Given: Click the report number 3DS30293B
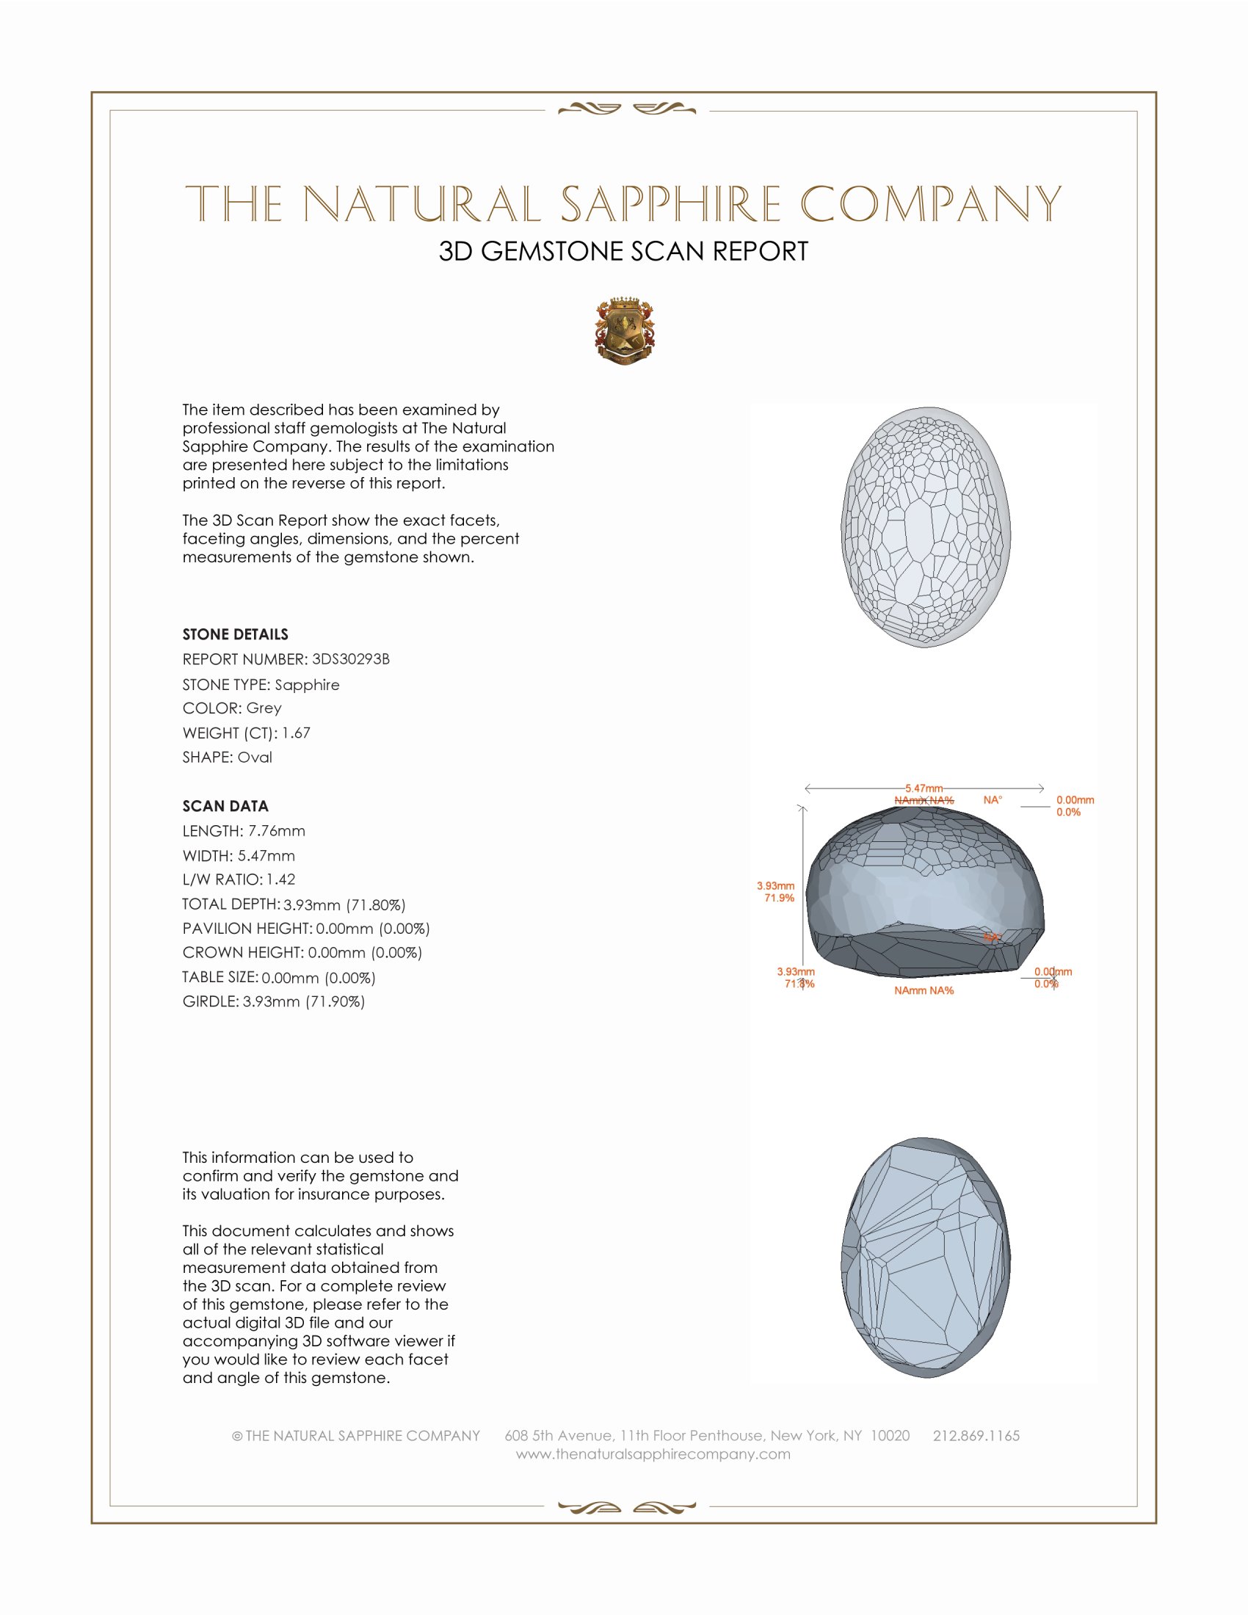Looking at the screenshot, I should [x=350, y=659].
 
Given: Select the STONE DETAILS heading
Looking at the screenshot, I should [x=235, y=634].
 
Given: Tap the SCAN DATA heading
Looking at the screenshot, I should [x=225, y=806].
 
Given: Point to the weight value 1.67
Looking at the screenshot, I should [x=296, y=733].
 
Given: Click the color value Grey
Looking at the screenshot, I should [x=264, y=708].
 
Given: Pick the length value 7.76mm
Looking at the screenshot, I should [x=277, y=830].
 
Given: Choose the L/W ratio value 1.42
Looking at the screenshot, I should [x=281, y=879].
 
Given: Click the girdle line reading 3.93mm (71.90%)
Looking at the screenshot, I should [x=274, y=1001].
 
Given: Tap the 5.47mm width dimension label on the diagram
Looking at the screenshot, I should [x=924, y=788].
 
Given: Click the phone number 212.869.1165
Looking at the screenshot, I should [x=976, y=1435].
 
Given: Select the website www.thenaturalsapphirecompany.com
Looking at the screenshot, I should [x=653, y=1453].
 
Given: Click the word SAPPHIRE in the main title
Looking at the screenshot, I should [x=670, y=204].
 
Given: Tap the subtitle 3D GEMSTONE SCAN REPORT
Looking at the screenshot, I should [x=623, y=251].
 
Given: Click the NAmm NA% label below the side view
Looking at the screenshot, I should [x=924, y=990].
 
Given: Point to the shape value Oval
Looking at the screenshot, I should [x=254, y=758].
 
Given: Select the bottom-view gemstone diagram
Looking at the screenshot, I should [x=926, y=1257].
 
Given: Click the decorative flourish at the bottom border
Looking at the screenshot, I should [x=626, y=1507].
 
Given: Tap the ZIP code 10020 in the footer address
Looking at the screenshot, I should [x=890, y=1435].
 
